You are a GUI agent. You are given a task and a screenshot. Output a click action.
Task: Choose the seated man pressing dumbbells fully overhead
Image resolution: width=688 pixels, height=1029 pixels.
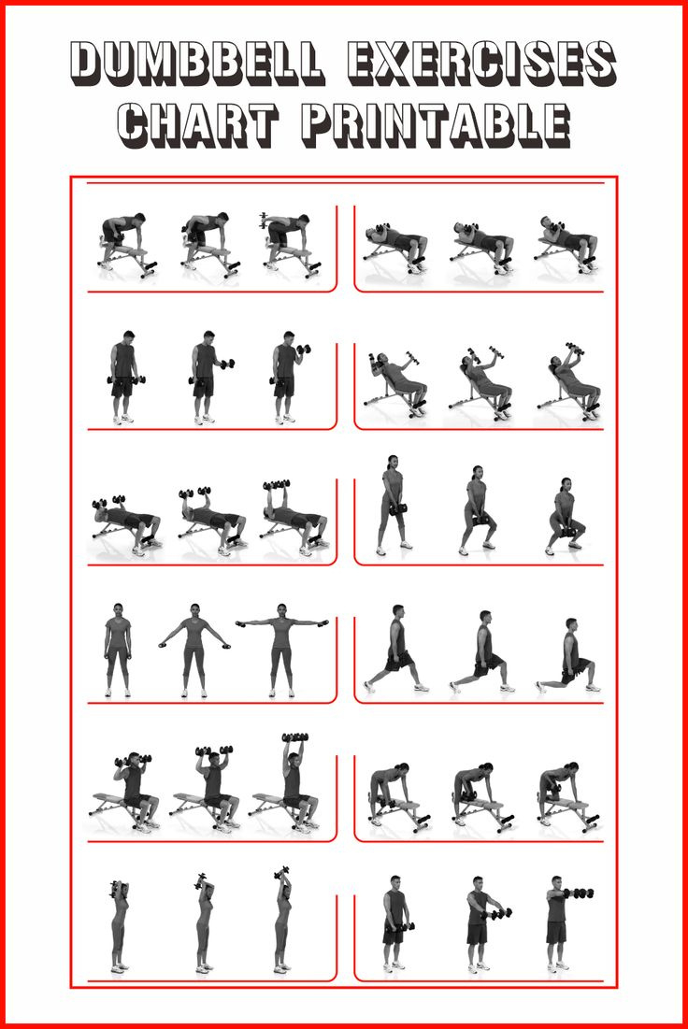click(295, 785)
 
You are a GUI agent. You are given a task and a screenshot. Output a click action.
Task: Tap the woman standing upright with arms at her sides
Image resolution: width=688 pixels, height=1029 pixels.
click(118, 650)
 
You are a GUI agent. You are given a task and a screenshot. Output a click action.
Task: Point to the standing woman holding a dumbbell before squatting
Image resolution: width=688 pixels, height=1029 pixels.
click(392, 505)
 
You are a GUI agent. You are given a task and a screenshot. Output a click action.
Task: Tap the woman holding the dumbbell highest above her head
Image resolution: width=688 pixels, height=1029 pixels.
click(282, 921)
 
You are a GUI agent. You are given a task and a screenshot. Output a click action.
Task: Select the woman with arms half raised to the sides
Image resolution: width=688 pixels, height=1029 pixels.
click(194, 650)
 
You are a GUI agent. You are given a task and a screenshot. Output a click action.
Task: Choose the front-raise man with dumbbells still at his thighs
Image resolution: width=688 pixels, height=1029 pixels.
click(395, 921)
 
